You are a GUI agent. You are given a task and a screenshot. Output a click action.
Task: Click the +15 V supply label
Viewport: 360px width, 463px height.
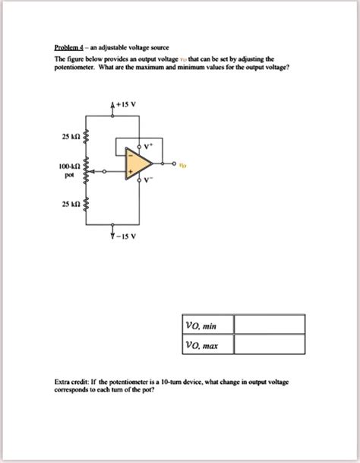point(127,106)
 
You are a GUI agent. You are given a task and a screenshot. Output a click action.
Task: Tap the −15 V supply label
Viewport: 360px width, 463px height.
point(126,233)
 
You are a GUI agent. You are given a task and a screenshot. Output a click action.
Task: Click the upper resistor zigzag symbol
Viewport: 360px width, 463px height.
point(87,138)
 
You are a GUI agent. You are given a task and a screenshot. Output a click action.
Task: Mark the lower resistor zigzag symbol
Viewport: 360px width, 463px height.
point(87,204)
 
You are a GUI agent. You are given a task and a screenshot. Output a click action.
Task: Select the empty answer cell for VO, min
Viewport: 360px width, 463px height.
point(269,325)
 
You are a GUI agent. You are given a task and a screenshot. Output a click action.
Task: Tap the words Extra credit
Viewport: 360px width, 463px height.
point(72,378)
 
